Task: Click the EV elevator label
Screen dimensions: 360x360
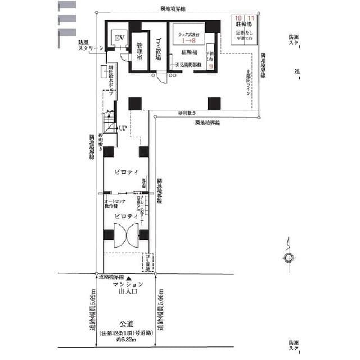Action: [119, 38]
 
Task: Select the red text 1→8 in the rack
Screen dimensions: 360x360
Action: [188, 41]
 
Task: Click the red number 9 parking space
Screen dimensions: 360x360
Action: [211, 65]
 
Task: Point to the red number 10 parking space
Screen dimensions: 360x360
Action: [238, 19]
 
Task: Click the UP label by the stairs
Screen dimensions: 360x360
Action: [122, 129]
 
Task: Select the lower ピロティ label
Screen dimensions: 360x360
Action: [123, 216]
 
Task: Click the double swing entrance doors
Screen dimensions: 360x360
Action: [126, 235]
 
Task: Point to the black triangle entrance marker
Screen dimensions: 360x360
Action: [129, 279]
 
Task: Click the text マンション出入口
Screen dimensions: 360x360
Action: [128, 289]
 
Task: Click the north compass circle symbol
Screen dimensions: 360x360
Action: [289, 258]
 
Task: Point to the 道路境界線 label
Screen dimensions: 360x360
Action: [112, 277]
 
